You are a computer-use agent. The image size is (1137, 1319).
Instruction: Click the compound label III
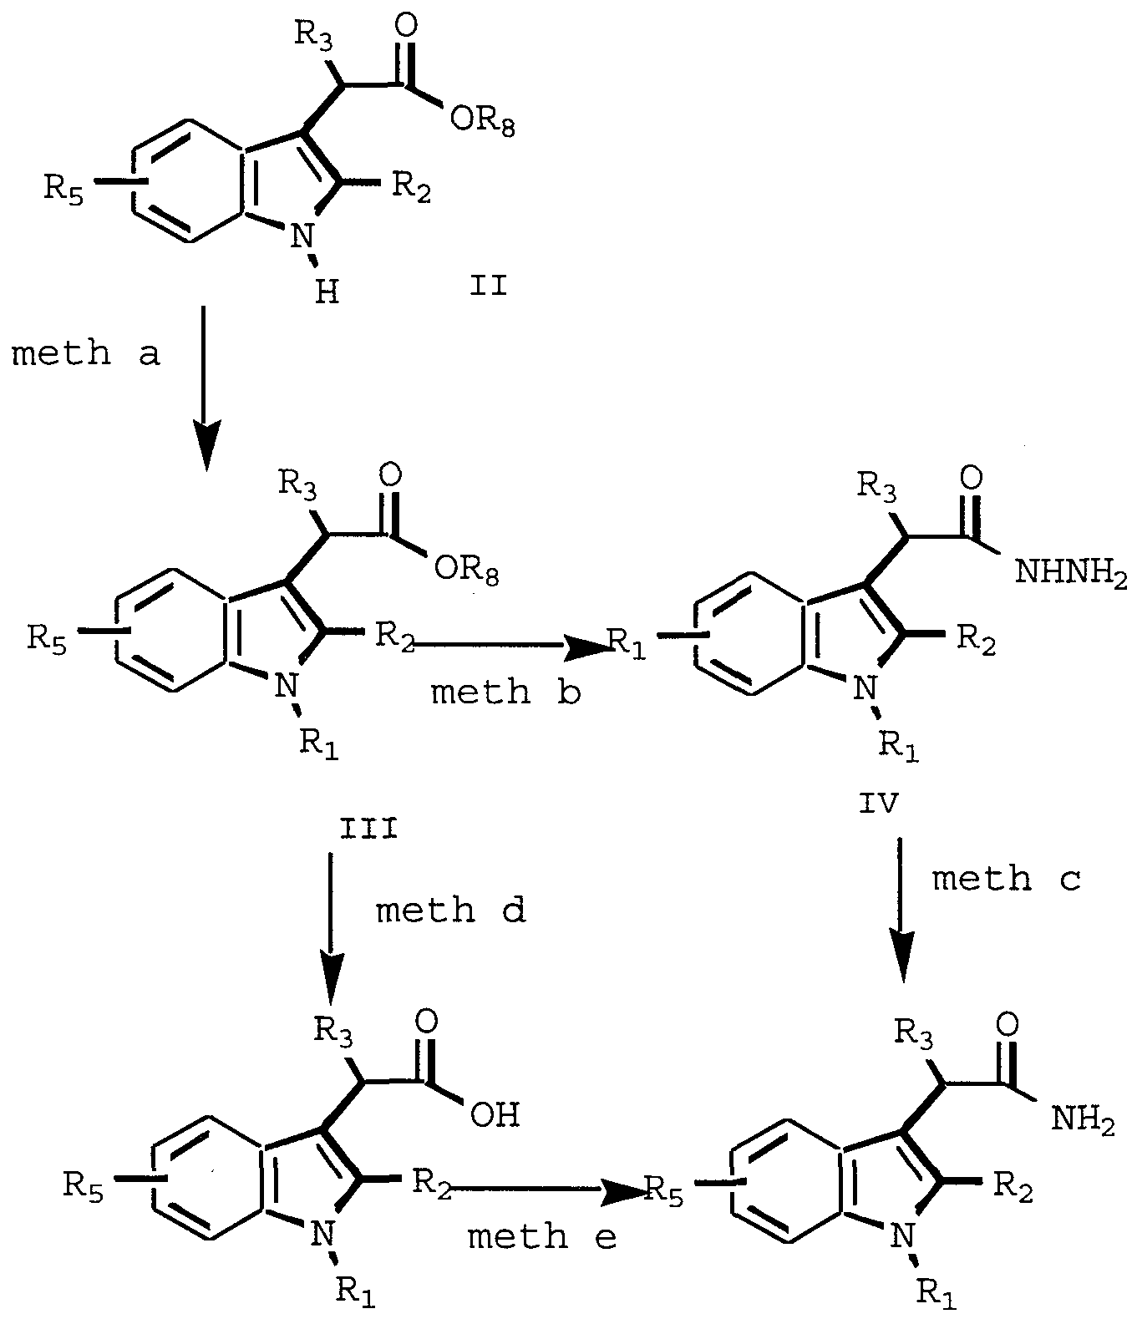click(368, 829)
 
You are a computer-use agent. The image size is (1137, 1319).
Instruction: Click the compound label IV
click(879, 803)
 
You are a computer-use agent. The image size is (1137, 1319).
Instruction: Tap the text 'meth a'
click(85, 353)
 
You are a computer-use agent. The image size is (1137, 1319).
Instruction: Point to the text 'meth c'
click(1007, 880)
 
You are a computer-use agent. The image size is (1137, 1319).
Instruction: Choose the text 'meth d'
click(451, 910)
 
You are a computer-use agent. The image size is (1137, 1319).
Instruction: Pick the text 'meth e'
click(542, 1236)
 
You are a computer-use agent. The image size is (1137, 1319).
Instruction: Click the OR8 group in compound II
click(482, 121)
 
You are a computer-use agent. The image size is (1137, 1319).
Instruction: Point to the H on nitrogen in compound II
click(327, 293)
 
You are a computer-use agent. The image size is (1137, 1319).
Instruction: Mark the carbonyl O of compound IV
click(971, 478)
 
